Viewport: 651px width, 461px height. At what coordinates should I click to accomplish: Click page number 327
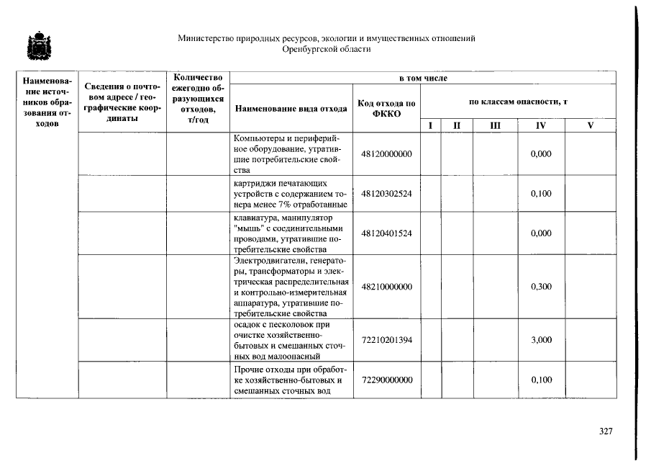pyautogui.click(x=606, y=431)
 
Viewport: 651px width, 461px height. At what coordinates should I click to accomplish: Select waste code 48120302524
pyautogui.click(x=387, y=194)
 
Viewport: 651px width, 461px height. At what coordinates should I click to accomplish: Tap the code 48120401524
pyautogui.click(x=387, y=233)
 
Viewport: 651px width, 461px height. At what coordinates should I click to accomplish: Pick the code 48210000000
pyautogui.click(x=387, y=287)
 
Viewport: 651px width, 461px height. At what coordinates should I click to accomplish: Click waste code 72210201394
pyautogui.click(x=387, y=340)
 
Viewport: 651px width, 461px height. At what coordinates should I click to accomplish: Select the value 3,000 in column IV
pyautogui.click(x=541, y=340)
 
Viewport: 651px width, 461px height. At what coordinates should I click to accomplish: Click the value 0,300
pyautogui.click(x=541, y=287)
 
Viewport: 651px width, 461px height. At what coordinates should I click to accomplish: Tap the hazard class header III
pyautogui.click(x=495, y=125)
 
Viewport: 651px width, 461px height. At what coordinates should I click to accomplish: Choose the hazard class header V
pyautogui.click(x=591, y=125)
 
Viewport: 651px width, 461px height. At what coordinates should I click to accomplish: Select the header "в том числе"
pyautogui.click(x=423, y=77)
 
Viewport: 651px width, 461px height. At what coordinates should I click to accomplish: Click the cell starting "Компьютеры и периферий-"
pyautogui.click(x=290, y=153)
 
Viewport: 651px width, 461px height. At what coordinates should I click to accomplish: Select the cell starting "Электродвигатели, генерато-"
pyautogui.click(x=290, y=287)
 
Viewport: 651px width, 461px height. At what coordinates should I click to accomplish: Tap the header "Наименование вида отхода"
pyautogui.click(x=290, y=109)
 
